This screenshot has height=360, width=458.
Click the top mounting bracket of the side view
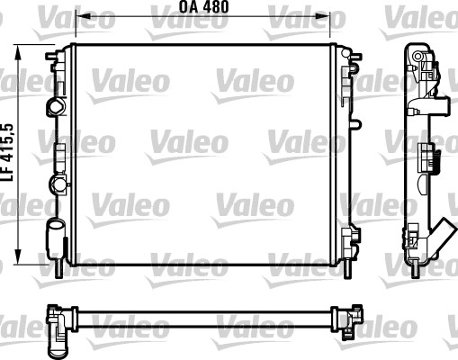[418, 58]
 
